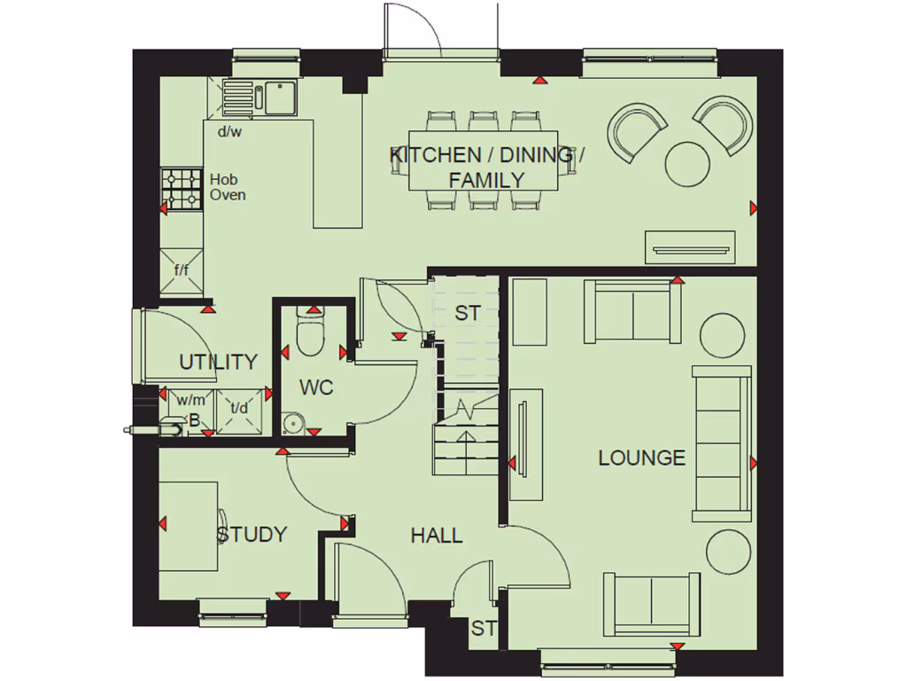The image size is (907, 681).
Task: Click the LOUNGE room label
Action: click(641, 458)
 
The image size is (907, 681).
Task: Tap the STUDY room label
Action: click(252, 535)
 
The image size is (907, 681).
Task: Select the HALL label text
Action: click(436, 536)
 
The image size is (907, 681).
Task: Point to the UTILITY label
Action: click(218, 362)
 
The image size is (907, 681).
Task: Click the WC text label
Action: click(316, 388)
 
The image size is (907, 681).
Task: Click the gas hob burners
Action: click(182, 189)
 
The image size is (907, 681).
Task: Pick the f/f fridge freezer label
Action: click(182, 270)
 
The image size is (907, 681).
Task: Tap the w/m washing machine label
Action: click(188, 402)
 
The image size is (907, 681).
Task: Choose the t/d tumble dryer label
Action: click(239, 409)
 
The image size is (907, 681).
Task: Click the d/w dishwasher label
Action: click(229, 131)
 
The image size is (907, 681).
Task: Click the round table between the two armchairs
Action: click(686, 164)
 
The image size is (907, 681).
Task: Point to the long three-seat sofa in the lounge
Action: click(721, 442)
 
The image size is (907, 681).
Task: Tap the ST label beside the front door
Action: click(483, 629)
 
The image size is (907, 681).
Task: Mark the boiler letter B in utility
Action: click(194, 421)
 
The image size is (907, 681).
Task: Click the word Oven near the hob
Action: click(228, 194)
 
